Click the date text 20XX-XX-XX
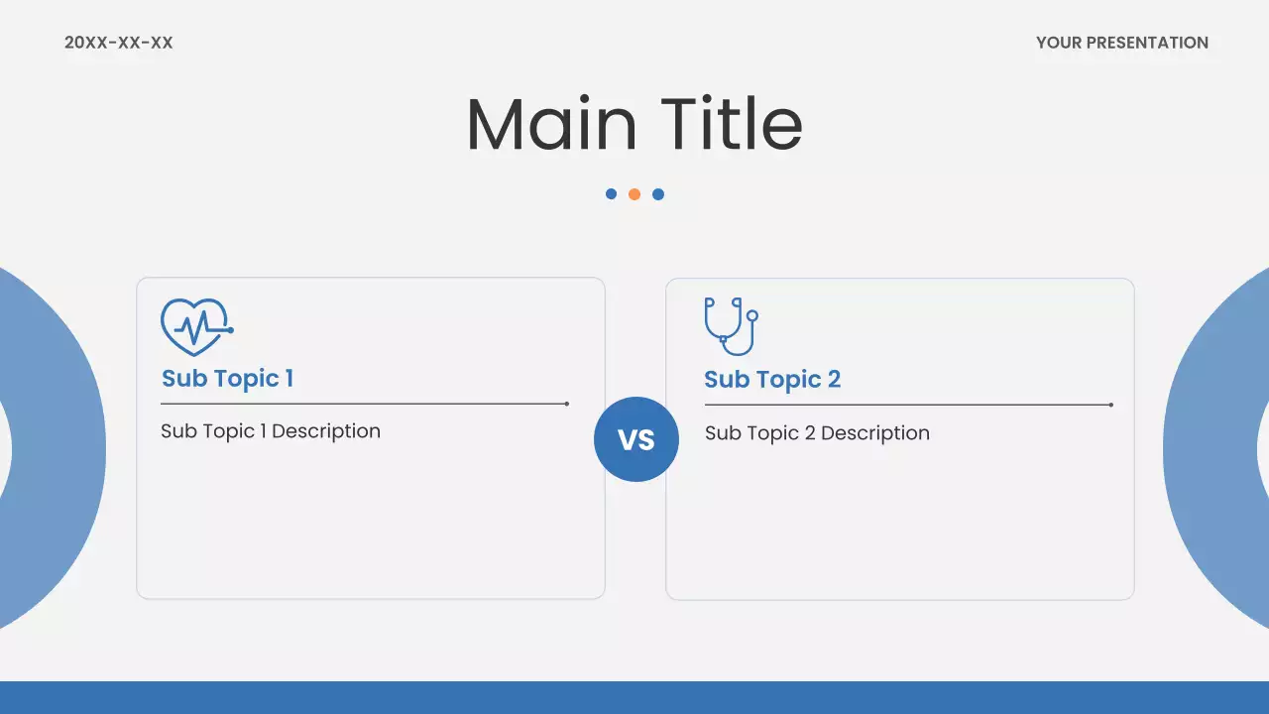click(x=118, y=43)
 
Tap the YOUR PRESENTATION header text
click(x=1121, y=43)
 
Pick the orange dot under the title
click(x=634, y=194)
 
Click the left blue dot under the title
click(x=611, y=194)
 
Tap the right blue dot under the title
click(x=658, y=194)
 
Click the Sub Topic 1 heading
click(x=227, y=378)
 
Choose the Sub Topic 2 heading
click(x=771, y=379)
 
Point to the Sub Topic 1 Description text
click(x=271, y=431)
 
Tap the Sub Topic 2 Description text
click(x=817, y=433)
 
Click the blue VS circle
click(x=636, y=439)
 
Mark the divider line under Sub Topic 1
click(x=363, y=404)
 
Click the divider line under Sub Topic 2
click(x=907, y=405)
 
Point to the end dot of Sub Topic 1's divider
click(x=566, y=404)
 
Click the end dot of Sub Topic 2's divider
click(x=1110, y=405)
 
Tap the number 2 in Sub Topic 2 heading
click(x=834, y=379)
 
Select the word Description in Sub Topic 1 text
click(x=325, y=431)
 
